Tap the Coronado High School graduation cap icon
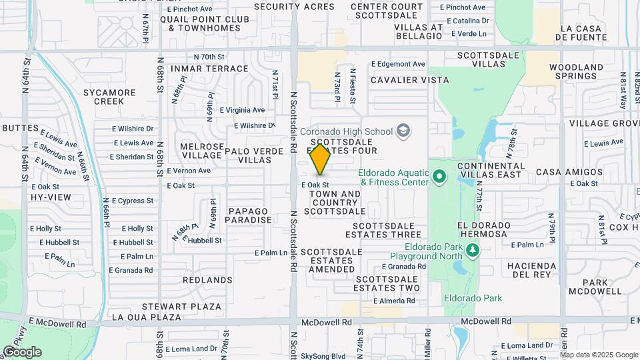click(403, 131)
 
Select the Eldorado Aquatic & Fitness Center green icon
click(439, 177)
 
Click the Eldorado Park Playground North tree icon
click(473, 250)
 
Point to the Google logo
click(21, 352)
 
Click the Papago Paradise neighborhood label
click(249, 215)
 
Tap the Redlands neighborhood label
click(207, 280)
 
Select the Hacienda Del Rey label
click(537, 270)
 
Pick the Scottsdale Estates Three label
click(383, 230)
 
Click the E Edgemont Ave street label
click(398, 64)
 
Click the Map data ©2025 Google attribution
click(598, 355)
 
